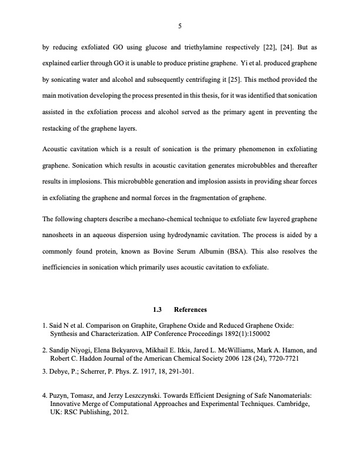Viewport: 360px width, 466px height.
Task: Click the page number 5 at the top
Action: [180, 25]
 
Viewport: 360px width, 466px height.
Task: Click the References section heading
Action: [190, 309]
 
